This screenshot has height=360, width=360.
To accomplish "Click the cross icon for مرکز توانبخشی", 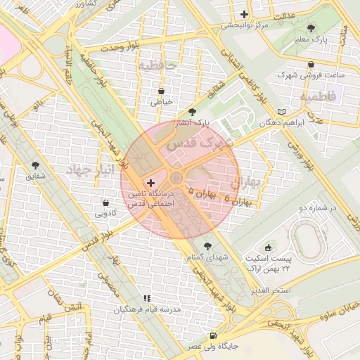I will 244,14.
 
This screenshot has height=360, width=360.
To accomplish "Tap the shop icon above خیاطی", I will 162,91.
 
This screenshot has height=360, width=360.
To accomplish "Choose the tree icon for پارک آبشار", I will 193,112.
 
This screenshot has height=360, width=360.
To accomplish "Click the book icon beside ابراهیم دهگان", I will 282,112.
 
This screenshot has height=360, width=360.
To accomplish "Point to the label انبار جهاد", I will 89,170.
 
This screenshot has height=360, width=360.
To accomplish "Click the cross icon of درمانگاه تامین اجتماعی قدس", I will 150,182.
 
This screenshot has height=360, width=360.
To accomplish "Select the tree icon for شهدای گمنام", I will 207,245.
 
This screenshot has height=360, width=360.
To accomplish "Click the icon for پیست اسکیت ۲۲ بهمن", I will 268,247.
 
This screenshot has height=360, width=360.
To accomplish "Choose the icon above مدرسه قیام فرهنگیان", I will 148,299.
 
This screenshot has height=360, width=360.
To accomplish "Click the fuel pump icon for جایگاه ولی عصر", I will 213,335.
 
